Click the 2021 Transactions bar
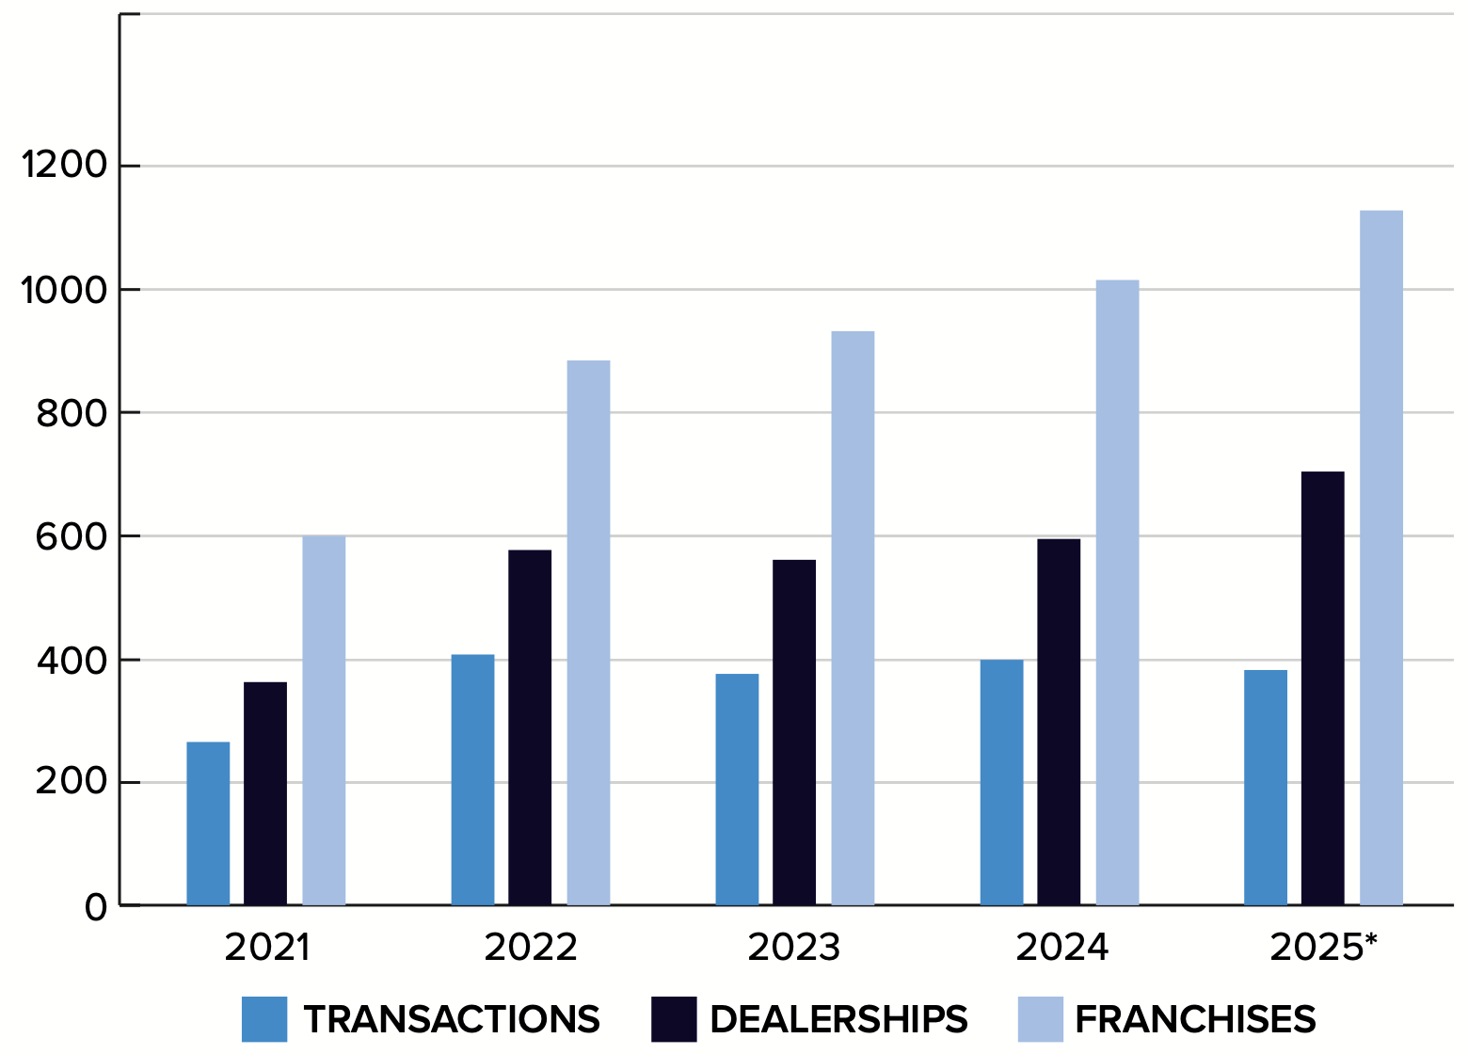pos(208,823)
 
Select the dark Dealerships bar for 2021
pos(265,793)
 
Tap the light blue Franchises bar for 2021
pos(324,720)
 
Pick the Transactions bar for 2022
pos(472,779)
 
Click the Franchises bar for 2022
pos(588,632)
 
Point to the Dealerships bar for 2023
pos(794,732)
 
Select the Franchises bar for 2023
pos(853,617)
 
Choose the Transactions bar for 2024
pos(1001,782)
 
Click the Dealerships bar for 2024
pos(1059,722)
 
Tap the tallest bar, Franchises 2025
pos(1380,557)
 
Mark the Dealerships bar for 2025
pos(1322,688)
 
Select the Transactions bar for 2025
pos(1266,788)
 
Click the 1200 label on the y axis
pos(65,166)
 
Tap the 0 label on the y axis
pos(96,907)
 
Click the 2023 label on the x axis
pos(794,948)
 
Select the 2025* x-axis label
pos(1323,948)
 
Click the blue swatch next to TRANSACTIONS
pos(263,1019)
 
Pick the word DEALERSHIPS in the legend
pos(838,1019)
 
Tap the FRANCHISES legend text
pos(1195,1019)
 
